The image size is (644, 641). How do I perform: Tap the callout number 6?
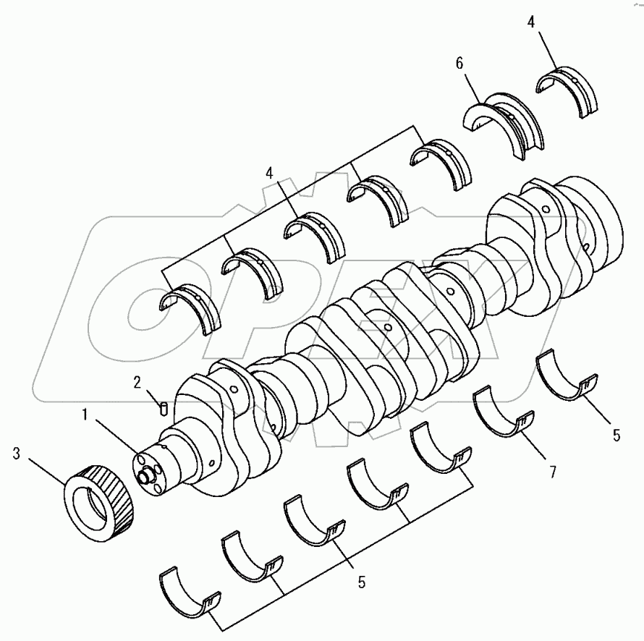tap(459, 64)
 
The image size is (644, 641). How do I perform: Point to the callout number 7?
tap(552, 472)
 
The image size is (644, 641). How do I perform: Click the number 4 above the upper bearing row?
tap(270, 173)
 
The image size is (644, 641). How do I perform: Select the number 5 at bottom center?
tap(360, 580)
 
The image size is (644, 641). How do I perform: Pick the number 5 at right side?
tap(616, 435)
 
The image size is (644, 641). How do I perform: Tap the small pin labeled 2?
tap(164, 409)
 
